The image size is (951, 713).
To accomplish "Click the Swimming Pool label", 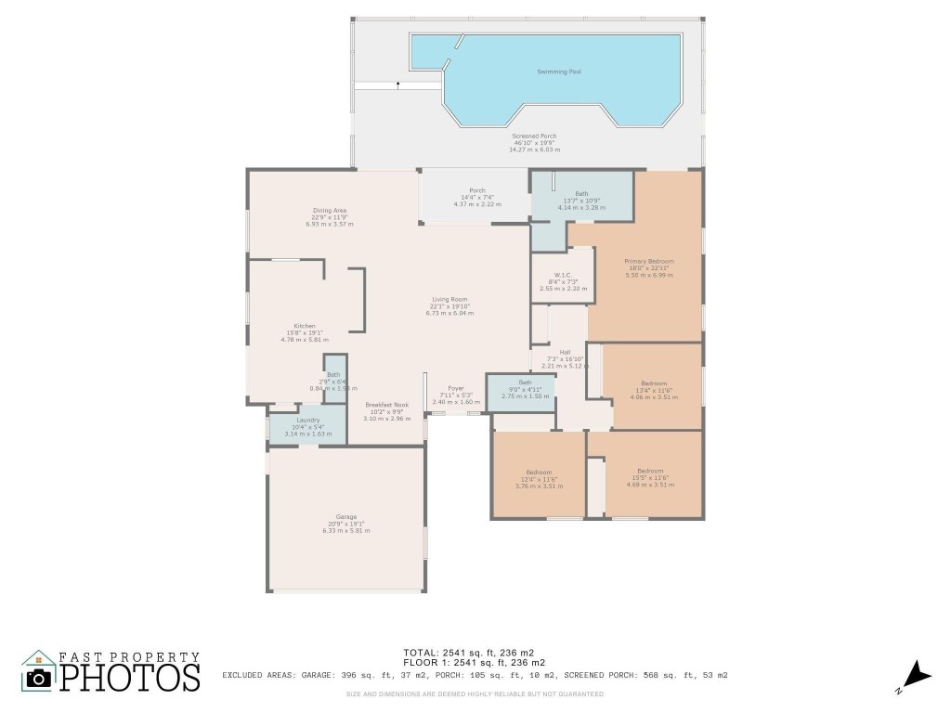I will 559,71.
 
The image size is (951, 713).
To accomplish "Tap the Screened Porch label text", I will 534,136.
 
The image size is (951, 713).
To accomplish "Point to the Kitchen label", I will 305,327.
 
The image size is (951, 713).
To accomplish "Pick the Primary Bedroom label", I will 648,262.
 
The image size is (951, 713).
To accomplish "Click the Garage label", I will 345,517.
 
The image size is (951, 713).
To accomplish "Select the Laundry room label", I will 307,420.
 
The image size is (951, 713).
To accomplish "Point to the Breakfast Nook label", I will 386,405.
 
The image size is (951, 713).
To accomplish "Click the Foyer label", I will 455,388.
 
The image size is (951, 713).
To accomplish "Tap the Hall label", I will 565,352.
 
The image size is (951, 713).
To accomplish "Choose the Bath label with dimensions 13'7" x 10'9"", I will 580,194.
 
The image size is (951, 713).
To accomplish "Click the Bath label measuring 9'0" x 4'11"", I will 525,382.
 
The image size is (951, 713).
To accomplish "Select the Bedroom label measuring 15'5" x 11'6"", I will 650,471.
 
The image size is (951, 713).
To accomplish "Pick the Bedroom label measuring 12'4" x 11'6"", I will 539,472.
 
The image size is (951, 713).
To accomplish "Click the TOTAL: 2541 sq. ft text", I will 455,652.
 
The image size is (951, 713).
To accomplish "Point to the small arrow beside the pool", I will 398,84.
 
